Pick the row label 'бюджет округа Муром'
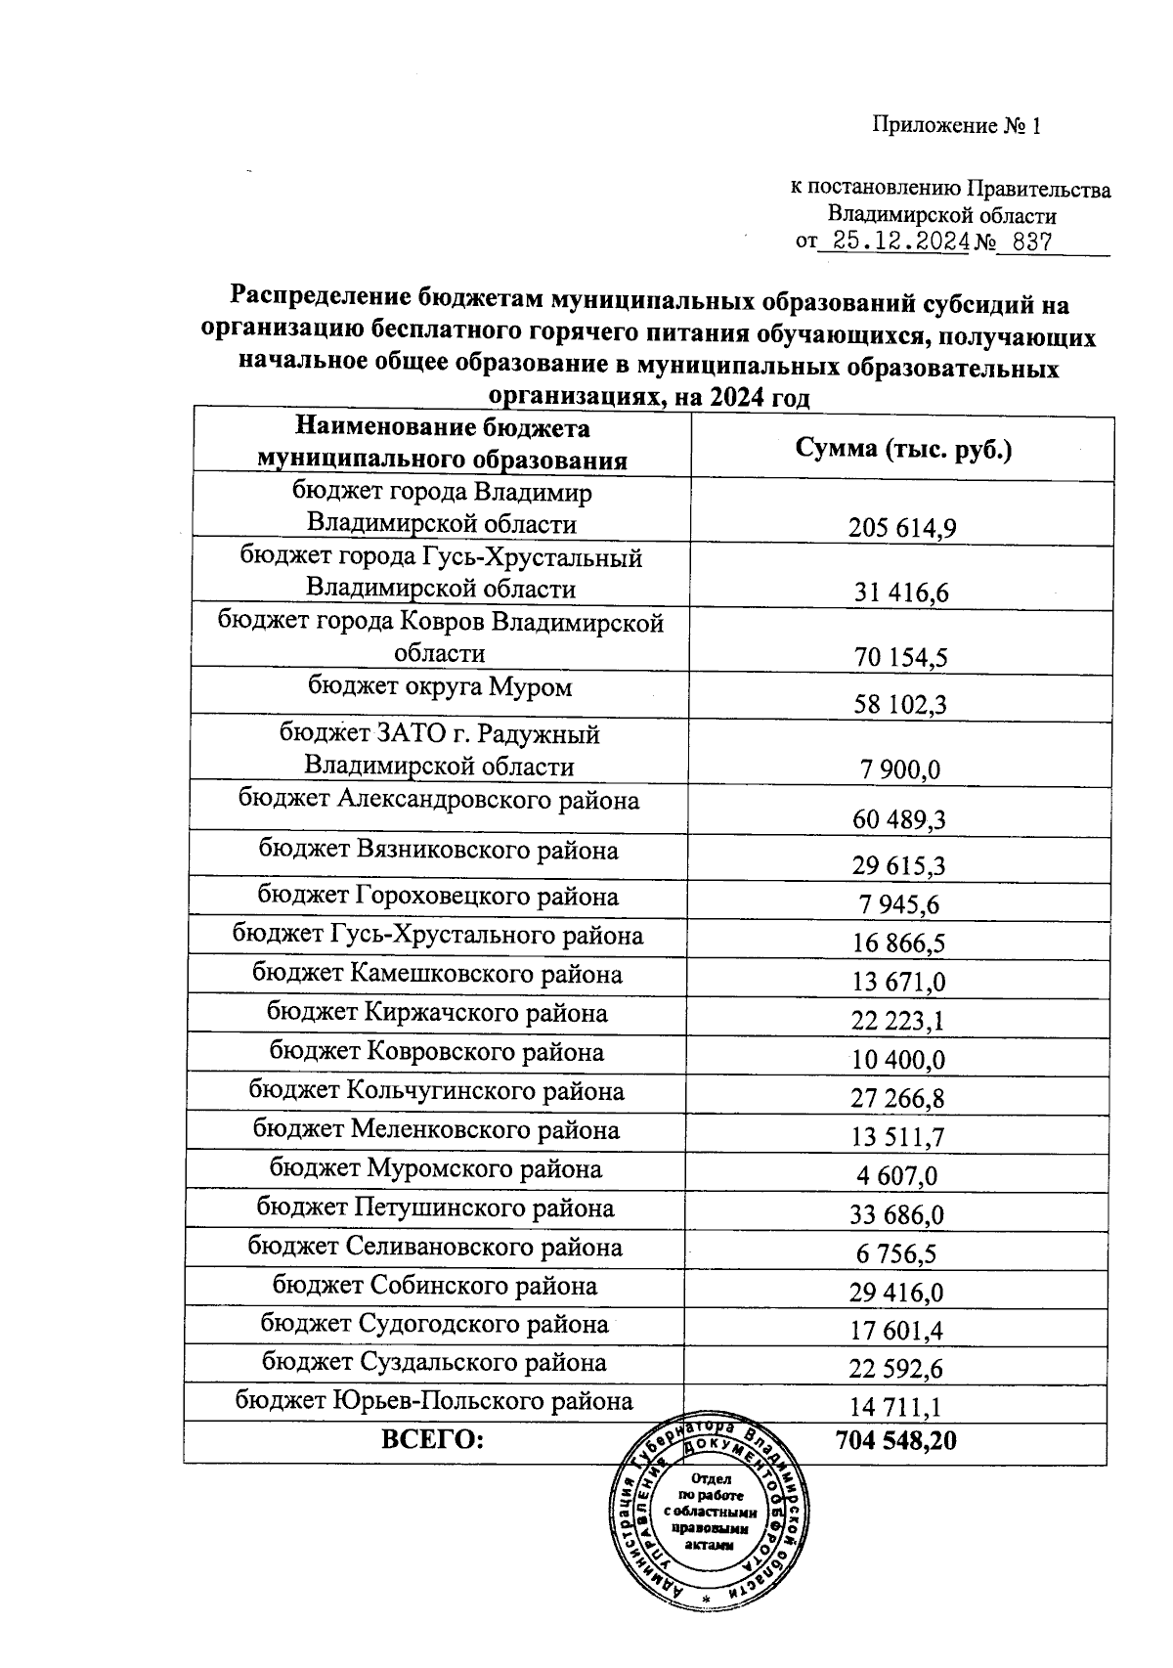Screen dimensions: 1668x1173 [440, 687]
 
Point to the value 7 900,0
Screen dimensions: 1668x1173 [900, 770]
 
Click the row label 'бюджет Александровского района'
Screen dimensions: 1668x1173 [439, 801]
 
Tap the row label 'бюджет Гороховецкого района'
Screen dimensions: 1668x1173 [438, 897]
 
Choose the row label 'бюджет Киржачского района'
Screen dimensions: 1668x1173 [437, 1014]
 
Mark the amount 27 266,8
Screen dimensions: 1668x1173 [898, 1099]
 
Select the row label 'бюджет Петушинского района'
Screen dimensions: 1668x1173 [436, 1208]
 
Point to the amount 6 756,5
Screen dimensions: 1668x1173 [896, 1254]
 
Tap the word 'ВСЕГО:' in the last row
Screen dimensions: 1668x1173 [433, 1439]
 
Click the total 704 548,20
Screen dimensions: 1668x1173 [896, 1440]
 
